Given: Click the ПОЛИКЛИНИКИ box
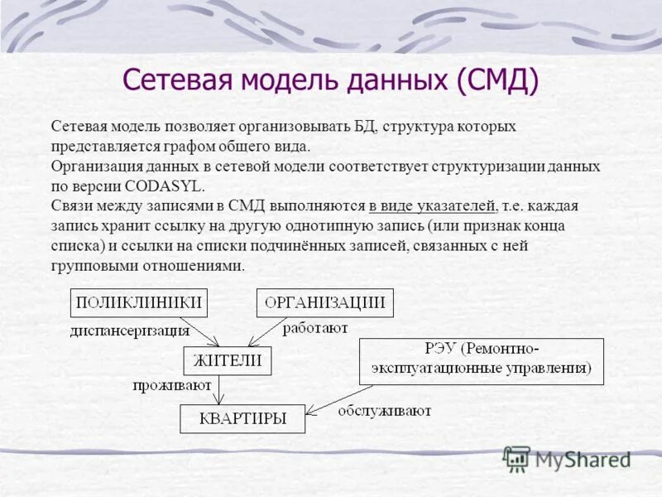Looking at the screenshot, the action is tap(138, 303).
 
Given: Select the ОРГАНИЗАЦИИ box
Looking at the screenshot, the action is tap(325, 303).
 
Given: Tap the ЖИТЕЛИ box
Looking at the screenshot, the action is tap(228, 359).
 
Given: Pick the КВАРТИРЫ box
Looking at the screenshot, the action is tap(242, 418).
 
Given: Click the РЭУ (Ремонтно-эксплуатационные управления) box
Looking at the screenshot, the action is tap(481, 361).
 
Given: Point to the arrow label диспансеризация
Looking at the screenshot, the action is tap(129, 331).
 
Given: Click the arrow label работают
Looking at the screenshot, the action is tap(315, 329).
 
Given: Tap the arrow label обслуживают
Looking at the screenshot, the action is tap(383, 410).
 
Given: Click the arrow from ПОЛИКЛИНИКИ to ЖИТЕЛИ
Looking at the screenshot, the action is tap(199, 331).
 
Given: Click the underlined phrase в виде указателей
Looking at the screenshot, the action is tap(433, 205).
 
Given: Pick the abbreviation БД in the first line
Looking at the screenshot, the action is tap(364, 127).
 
